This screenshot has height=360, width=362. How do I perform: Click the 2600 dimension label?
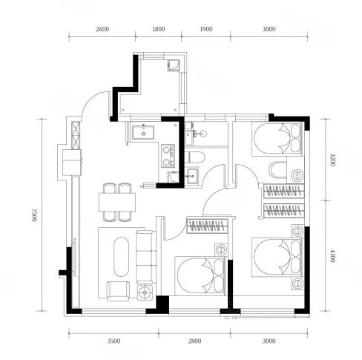(102, 29)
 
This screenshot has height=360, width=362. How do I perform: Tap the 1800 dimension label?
(159, 29)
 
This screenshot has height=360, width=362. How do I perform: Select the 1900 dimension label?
(206, 29)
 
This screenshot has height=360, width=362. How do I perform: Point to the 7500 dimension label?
(35, 215)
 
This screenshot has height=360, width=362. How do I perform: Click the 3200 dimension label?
(333, 160)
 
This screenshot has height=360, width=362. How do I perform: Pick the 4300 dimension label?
(333, 255)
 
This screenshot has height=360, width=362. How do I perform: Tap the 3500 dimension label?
(113, 341)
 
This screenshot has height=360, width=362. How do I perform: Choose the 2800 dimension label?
(194, 341)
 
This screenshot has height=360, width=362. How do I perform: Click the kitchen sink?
(143, 132)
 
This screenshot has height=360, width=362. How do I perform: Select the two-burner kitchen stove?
(168, 156)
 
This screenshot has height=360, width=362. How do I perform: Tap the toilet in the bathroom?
(195, 157)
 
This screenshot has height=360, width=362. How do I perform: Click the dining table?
(117, 202)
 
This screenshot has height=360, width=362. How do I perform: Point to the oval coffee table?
(121, 257)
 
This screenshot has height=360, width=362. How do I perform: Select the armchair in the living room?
(118, 291)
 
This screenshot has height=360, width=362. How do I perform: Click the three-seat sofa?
(146, 257)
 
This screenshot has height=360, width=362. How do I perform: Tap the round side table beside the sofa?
(145, 292)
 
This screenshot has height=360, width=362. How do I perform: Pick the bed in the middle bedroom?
(200, 276)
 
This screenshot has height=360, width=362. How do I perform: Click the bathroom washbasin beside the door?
(192, 176)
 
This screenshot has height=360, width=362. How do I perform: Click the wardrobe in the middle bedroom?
(207, 226)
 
